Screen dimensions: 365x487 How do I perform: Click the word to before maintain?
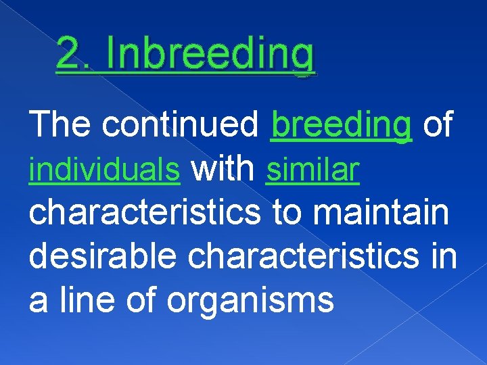click(x=288, y=213)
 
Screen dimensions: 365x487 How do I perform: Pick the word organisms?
click(x=250, y=301)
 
